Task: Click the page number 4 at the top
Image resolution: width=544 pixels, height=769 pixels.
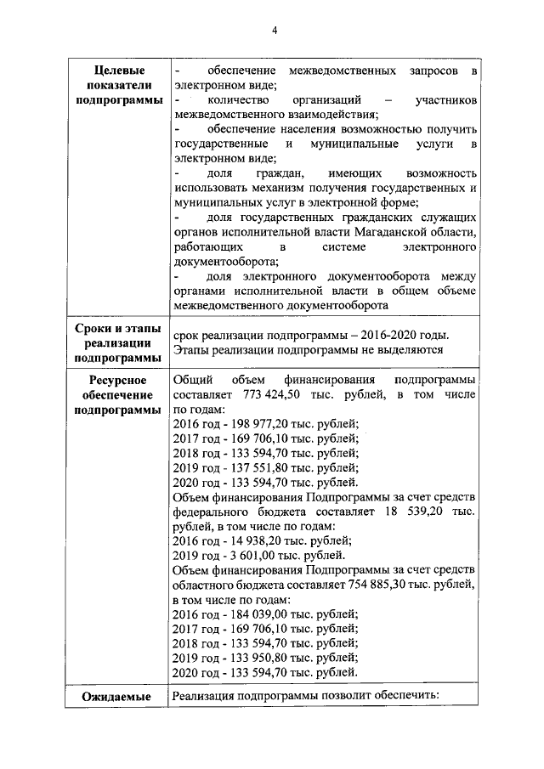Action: pyautogui.click(x=275, y=31)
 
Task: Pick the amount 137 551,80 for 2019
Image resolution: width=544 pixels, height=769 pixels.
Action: pyautogui.click(x=252, y=467)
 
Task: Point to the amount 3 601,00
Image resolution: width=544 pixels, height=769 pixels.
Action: pyautogui.click(x=246, y=556)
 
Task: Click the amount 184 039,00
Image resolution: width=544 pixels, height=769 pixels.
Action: pyautogui.click(x=252, y=614)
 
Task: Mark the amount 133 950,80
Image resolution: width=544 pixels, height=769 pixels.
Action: pyautogui.click(x=252, y=658)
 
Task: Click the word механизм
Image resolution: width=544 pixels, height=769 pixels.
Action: pyautogui.click(x=275, y=187)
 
